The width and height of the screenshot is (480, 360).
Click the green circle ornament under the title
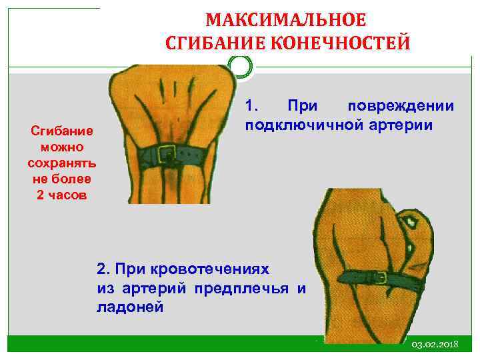tap(240, 67)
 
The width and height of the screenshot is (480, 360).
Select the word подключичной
tap(303, 125)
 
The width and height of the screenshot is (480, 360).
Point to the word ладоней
tap(129, 308)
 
